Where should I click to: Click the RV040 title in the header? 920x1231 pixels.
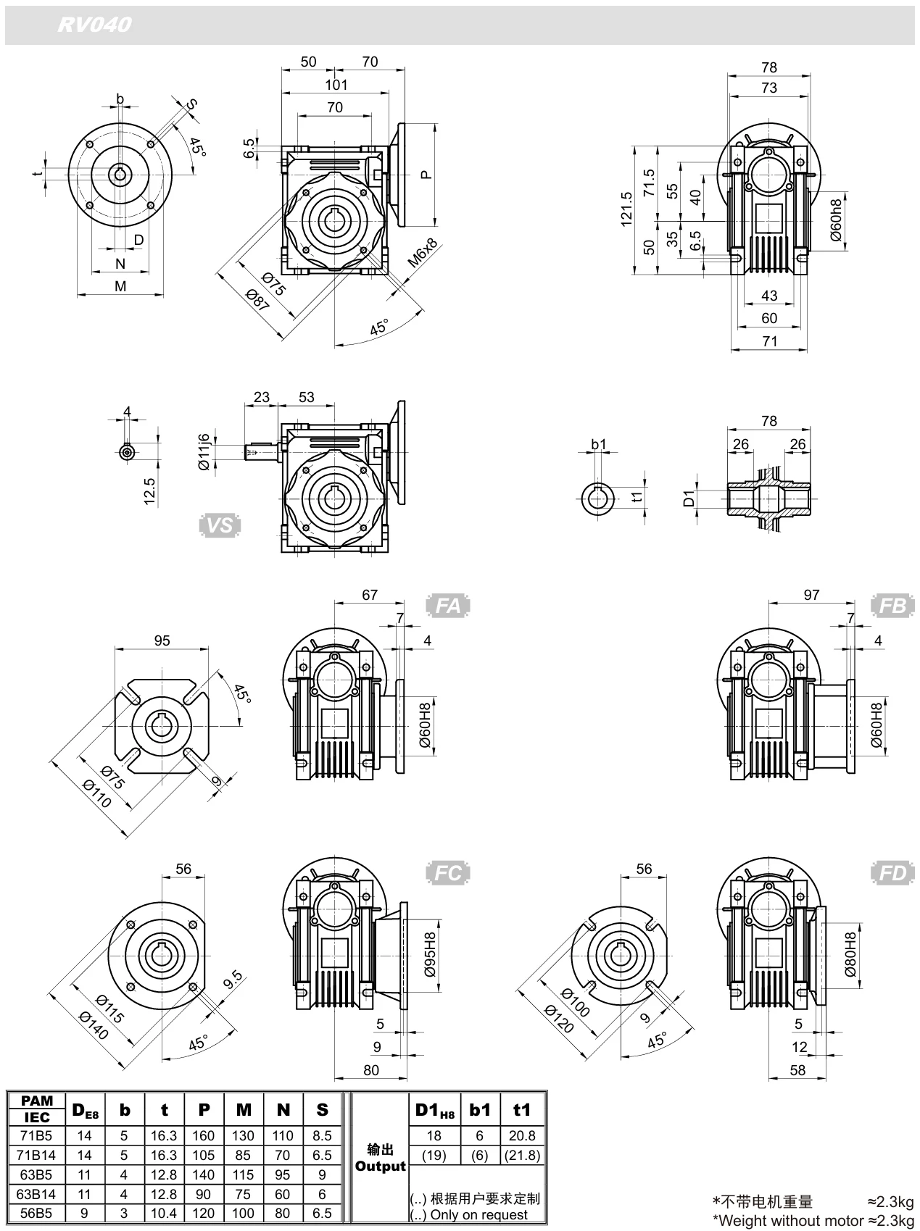(95, 25)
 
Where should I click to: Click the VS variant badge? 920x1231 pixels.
(220, 525)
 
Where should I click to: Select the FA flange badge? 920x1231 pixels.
(448, 605)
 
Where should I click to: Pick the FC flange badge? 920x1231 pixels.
(448, 873)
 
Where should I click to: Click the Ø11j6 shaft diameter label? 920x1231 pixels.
(204, 451)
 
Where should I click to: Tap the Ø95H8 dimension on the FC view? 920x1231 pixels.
(429, 956)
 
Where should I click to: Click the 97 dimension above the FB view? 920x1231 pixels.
(811, 594)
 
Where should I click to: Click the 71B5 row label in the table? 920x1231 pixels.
(36, 1135)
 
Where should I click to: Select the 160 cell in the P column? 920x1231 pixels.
(204, 1135)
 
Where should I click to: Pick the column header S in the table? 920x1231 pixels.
(323, 1109)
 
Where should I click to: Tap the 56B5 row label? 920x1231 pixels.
(36, 1214)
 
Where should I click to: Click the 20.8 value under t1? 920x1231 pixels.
(521, 1135)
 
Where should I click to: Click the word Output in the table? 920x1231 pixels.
(381, 1167)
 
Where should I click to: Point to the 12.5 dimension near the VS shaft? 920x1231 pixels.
(149, 492)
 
